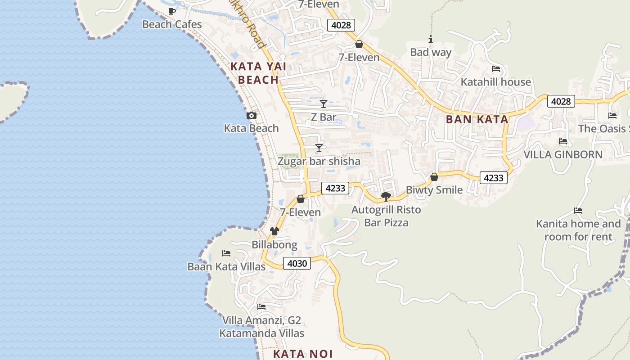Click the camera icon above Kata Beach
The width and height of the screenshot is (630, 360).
click(x=252, y=116)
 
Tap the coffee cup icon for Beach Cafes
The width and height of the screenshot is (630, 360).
click(x=171, y=11)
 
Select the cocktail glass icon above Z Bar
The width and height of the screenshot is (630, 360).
click(x=323, y=104)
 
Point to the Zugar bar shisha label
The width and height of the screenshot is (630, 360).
click(x=319, y=161)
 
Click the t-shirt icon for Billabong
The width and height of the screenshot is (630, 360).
click(x=274, y=231)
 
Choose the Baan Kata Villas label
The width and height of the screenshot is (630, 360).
click(x=226, y=267)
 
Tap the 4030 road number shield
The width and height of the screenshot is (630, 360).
click(x=297, y=263)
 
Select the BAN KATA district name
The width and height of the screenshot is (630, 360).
click(x=477, y=119)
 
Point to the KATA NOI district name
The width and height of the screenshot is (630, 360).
click(x=303, y=354)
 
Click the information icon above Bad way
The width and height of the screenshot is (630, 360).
click(x=431, y=40)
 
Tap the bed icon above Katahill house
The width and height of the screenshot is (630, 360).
click(x=496, y=69)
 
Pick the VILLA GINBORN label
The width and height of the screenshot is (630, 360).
click(x=563, y=154)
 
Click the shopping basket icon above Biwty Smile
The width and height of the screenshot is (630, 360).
click(x=434, y=177)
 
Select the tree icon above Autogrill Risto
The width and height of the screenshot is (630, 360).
click(x=386, y=196)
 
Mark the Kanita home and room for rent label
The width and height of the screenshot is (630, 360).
click(x=578, y=230)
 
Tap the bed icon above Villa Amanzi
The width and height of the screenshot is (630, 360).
click(x=261, y=307)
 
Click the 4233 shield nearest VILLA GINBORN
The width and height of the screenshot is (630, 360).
click(x=493, y=178)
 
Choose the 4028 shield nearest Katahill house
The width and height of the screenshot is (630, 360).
click(x=561, y=101)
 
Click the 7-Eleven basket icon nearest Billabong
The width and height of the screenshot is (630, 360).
click(x=301, y=199)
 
